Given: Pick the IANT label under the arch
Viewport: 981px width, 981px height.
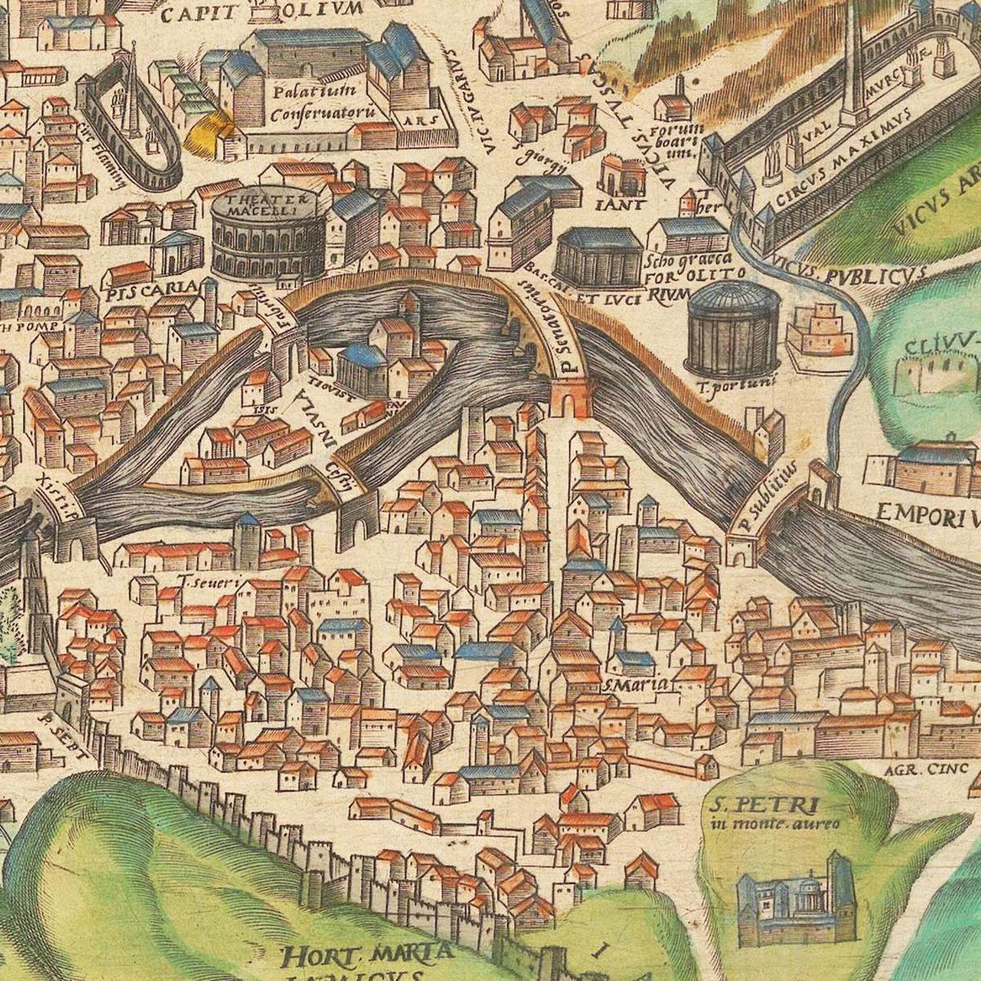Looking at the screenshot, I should [624, 204].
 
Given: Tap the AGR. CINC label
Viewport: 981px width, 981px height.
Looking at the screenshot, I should [925, 768].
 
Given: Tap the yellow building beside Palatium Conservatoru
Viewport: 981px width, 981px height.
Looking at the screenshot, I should [208, 131].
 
